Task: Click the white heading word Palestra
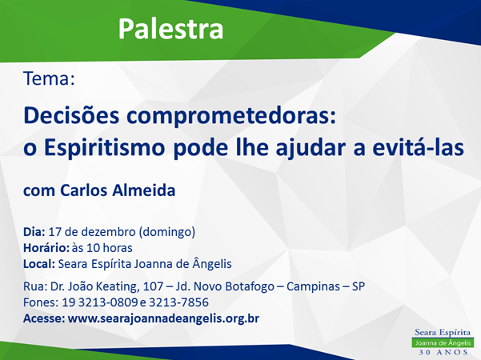pos(170,29)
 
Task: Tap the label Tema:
pos(49,78)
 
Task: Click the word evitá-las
pos(418,147)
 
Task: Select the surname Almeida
pos(143,190)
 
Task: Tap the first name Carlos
pos(84,190)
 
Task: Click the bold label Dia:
pos(34,232)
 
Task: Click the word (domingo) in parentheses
pos(167,232)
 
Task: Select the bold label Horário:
pos(46,248)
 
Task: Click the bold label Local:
pos(39,264)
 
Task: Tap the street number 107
pos(153,286)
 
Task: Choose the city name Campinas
pos(313,287)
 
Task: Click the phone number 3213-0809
pos(108,302)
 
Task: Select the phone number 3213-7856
pos(178,302)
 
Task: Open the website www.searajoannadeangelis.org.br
pos(163,318)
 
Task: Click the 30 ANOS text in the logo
pos(443,352)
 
